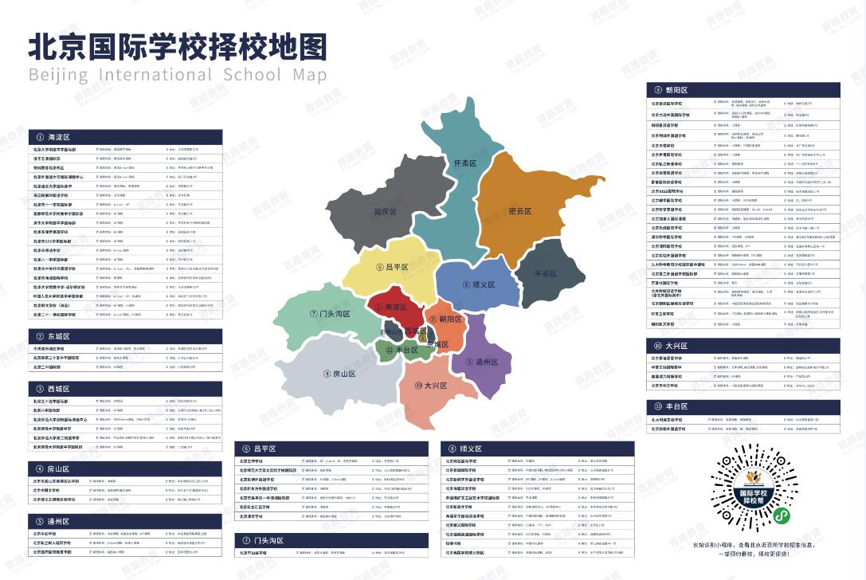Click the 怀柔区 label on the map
464,163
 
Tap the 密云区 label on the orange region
519,211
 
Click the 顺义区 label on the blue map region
479,284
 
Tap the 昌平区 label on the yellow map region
392,267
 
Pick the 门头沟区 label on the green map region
331,314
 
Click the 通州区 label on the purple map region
481,361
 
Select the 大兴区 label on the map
430,386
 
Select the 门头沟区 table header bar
334,540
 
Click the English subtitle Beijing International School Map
178,75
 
